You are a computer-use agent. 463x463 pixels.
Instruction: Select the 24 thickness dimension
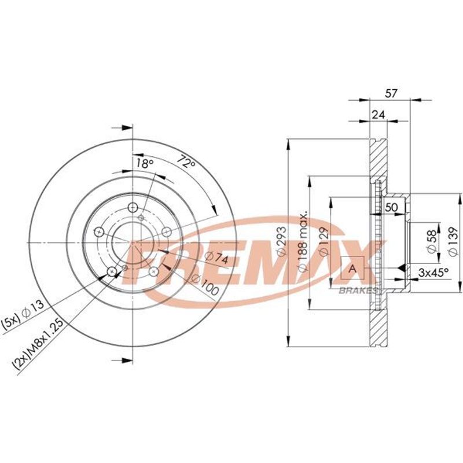(379, 115)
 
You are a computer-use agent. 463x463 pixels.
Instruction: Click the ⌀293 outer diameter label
(281, 241)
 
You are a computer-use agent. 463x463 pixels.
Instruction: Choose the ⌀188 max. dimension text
(303, 241)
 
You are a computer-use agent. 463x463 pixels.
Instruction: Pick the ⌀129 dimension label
(324, 241)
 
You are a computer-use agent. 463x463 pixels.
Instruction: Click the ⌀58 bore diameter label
(431, 241)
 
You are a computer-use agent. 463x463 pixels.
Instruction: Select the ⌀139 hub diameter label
(453, 241)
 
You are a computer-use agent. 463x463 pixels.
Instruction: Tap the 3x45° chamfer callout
(433, 273)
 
